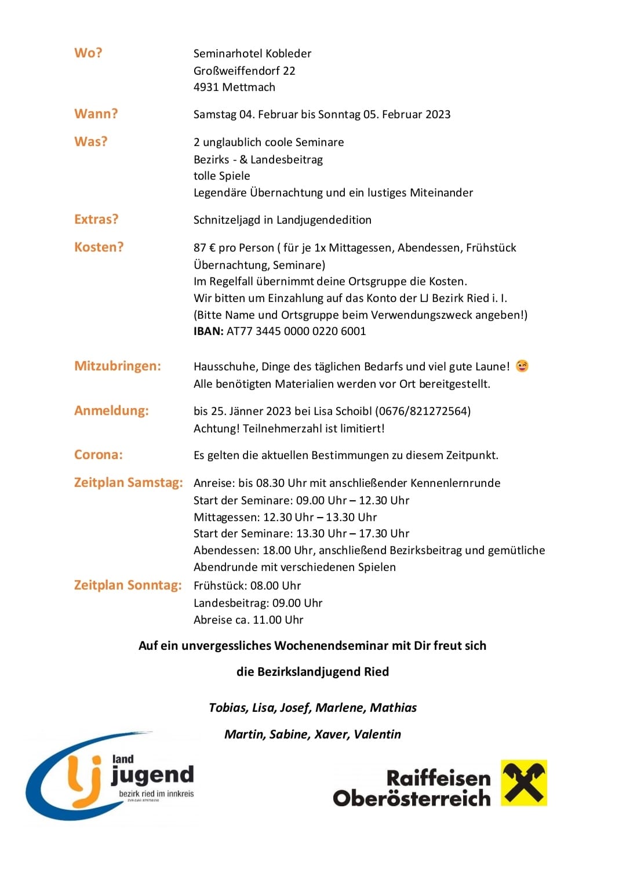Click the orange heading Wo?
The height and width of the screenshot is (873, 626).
[x=88, y=53]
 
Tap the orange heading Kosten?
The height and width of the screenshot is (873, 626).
[x=99, y=247]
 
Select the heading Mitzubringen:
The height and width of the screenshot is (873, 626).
[x=118, y=366]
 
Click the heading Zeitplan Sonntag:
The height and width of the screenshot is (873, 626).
[x=128, y=585]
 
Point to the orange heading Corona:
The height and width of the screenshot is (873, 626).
[x=99, y=454]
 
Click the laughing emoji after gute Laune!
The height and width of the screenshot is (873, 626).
[x=522, y=366]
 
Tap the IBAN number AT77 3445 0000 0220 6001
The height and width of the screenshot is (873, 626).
[x=296, y=331]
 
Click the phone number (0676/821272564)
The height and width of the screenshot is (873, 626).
[x=423, y=411]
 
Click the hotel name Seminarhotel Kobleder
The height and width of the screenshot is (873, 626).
[x=252, y=53]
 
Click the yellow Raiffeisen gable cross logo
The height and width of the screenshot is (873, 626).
[x=524, y=783]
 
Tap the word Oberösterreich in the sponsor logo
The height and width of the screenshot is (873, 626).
[x=412, y=798]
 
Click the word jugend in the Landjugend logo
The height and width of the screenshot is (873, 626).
[x=152, y=775]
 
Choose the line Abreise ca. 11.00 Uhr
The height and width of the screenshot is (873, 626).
[x=248, y=620]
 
